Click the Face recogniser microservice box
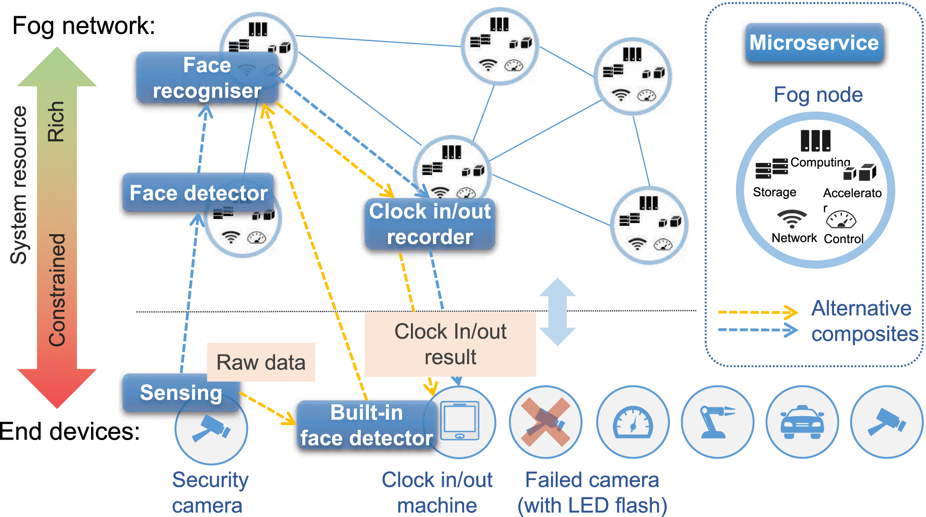pos(207,77)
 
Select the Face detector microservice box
pos(198,193)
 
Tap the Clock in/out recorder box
pos(430,224)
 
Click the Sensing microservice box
pos(181,392)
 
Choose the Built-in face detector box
pos(367,425)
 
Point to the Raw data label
pos(261,363)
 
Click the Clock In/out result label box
pos(450,344)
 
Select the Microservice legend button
pos(814,43)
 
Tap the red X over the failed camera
pos(545,422)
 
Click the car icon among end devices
pos(802,422)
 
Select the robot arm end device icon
pos(717,422)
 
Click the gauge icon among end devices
pos(633,422)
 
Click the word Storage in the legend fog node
pos(774,192)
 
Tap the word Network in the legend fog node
pos(794,238)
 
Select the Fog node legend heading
pos(818,95)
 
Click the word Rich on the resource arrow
pos(56,121)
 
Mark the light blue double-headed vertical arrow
pos(557,312)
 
